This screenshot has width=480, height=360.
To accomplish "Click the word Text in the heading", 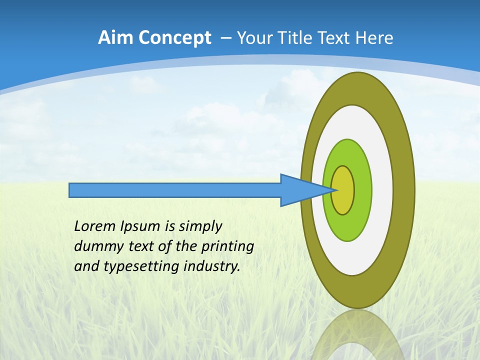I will (x=335, y=38).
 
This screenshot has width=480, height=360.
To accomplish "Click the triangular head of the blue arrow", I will (x=300, y=190).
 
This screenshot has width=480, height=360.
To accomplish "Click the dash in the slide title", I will (x=225, y=38).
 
